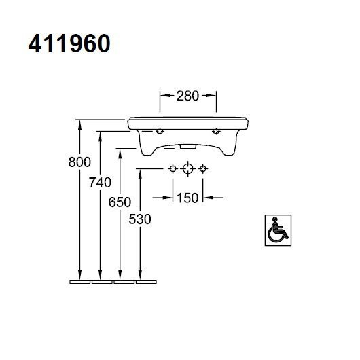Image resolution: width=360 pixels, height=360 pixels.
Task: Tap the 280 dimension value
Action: [x=187, y=96]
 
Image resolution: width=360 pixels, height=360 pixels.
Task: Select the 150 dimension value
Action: [x=187, y=198]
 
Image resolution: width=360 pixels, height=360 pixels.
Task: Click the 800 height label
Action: [x=80, y=162]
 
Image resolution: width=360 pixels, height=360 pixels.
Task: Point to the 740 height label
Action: [x=100, y=182]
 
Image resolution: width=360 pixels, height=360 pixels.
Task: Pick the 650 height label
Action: [x=120, y=202]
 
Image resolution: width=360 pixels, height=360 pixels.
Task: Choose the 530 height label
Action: [x=139, y=219]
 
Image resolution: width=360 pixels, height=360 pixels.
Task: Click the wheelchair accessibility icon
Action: [x=276, y=228]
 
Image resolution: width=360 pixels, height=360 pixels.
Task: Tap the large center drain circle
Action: [x=187, y=168]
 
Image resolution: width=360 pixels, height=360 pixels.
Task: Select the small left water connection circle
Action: [x=173, y=168]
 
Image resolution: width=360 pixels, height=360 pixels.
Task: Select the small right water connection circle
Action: [x=202, y=168]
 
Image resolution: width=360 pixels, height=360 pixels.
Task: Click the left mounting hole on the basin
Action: [x=160, y=131]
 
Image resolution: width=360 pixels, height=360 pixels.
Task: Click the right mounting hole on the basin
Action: [x=216, y=131]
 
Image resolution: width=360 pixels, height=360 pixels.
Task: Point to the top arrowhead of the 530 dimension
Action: [x=139, y=173]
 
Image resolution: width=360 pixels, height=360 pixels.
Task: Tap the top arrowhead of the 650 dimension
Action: [x=120, y=151]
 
